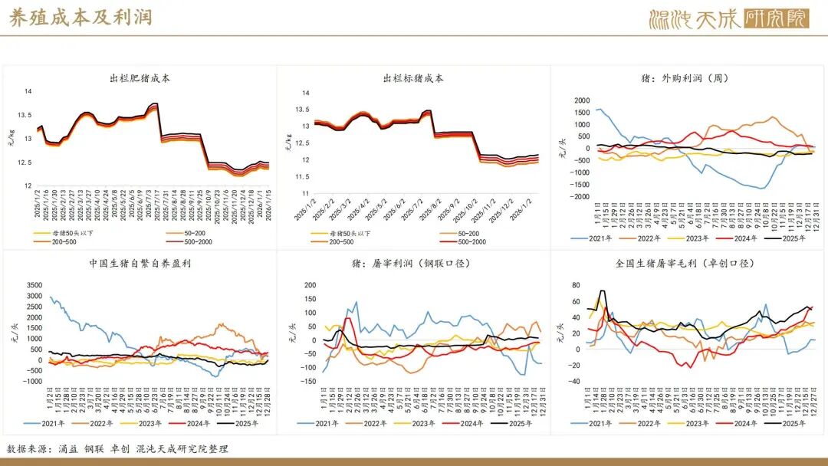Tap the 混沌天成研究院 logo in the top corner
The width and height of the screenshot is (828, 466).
click(x=728, y=18)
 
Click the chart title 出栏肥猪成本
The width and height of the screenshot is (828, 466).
click(x=140, y=78)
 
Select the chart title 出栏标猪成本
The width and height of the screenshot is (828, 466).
click(x=413, y=78)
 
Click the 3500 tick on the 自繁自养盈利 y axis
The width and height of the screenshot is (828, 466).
click(x=34, y=284)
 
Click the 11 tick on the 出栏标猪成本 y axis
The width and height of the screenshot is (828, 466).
click(x=306, y=193)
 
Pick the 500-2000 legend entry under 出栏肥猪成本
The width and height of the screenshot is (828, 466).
click(x=188, y=241)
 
